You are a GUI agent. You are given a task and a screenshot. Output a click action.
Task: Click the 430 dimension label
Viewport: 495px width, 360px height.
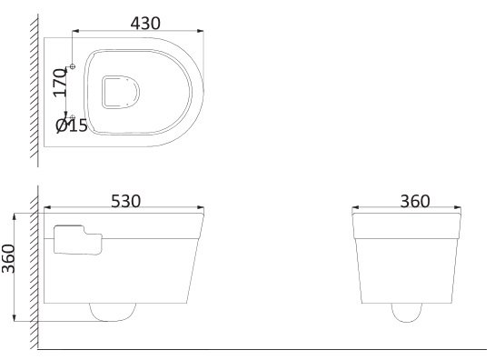[145, 24]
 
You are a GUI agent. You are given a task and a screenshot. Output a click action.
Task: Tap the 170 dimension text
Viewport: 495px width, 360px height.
[60, 83]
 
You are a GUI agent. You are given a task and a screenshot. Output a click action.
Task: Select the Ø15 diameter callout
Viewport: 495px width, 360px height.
[72, 125]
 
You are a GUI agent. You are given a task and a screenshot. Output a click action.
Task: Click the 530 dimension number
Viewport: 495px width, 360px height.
[125, 201]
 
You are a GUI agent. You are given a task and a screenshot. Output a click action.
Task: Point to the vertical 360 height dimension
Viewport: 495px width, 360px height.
[8, 258]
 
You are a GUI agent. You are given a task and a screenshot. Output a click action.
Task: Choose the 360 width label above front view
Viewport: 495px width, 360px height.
[415, 201]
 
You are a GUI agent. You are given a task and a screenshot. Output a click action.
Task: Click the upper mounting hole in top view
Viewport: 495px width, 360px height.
[73, 66]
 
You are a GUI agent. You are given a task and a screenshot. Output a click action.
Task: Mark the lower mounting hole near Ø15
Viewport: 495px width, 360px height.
[73, 117]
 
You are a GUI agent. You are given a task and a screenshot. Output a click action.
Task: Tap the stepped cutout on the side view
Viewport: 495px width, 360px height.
[78, 240]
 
